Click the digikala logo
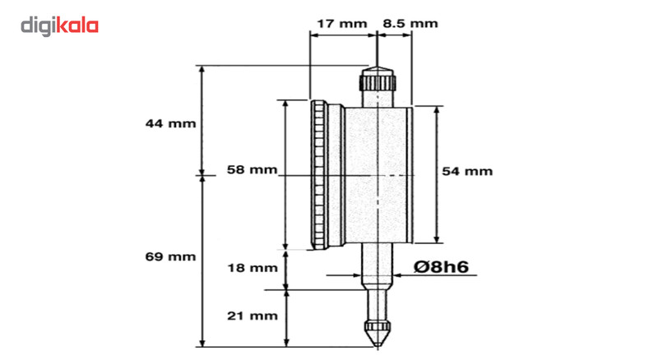[x=59, y=26]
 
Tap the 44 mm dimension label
[x=170, y=124]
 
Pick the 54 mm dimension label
[x=467, y=171]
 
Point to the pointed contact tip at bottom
[x=376, y=334]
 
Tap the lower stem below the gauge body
[x=376, y=267]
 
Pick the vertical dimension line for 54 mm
[x=437, y=205]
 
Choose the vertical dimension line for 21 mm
[x=286, y=317]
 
